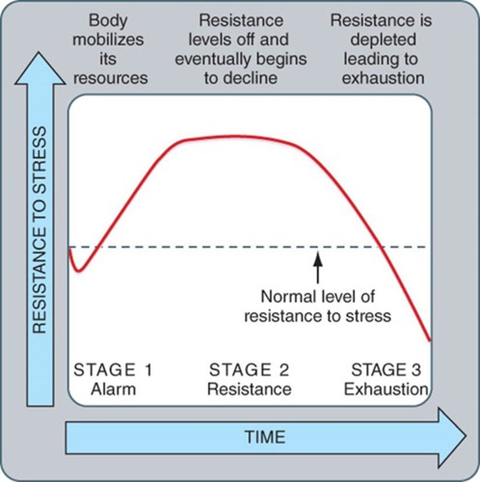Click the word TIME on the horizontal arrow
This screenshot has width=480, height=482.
tap(265, 437)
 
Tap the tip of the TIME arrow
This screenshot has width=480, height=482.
tap(465, 436)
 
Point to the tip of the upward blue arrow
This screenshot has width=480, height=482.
tap(40, 53)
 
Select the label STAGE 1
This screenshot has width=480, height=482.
tap(113, 370)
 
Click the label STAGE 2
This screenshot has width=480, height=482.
tap(249, 370)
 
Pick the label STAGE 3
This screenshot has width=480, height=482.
tap(386, 370)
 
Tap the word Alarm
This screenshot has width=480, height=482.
tap(113, 389)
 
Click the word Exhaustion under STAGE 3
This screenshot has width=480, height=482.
tap(386, 389)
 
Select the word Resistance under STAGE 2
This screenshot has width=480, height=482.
tap(249, 389)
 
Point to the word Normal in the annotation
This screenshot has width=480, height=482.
tap(288, 297)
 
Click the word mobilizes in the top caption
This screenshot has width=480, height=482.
tap(108, 39)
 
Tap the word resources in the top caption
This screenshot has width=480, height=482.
tap(110, 78)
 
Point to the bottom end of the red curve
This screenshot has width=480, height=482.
tap(430, 341)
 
